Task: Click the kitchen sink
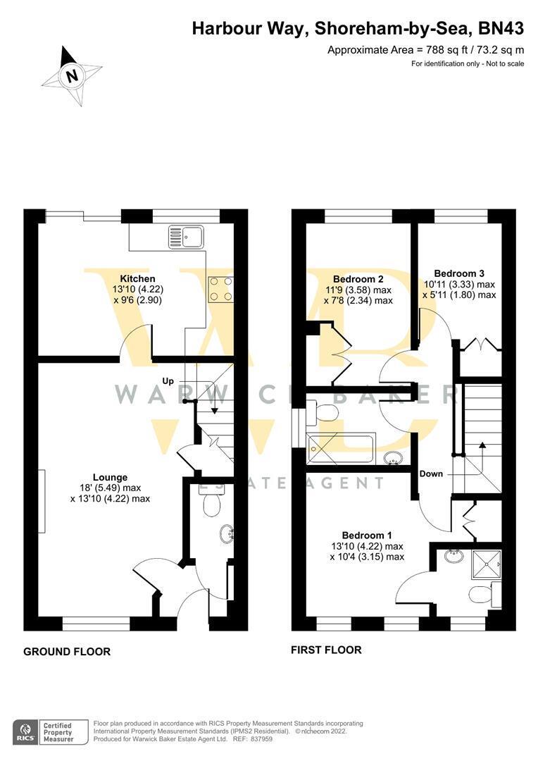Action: click(186, 236)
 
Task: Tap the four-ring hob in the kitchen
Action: click(220, 290)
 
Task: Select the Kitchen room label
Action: click(138, 278)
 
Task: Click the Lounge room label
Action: click(110, 478)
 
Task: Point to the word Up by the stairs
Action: click(168, 381)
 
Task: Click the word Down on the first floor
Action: click(431, 474)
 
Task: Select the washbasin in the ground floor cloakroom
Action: click(226, 533)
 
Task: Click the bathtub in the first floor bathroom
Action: click(339, 448)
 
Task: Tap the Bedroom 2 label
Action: click(358, 279)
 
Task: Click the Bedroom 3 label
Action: click(459, 273)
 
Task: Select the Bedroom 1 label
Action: click(367, 536)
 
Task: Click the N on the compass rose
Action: click(73, 76)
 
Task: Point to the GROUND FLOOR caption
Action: click(67, 651)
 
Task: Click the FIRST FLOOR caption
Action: click(326, 650)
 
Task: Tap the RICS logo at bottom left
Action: click(26, 732)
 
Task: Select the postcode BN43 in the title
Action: click(501, 29)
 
